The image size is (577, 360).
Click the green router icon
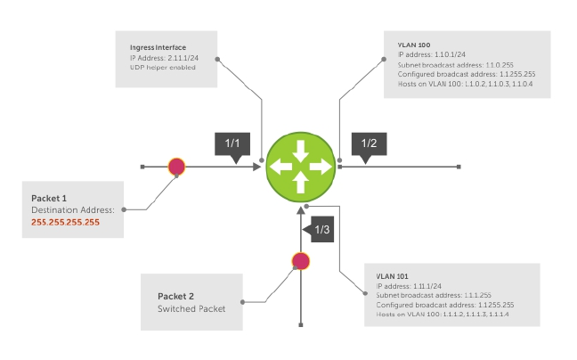300,165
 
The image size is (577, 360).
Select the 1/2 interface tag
368,143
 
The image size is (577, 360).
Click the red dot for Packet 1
176,166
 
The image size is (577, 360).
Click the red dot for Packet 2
301,260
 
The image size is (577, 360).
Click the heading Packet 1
49,197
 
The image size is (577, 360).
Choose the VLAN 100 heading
413,45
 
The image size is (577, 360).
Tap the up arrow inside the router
300,182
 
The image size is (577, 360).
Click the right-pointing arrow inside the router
318,165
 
